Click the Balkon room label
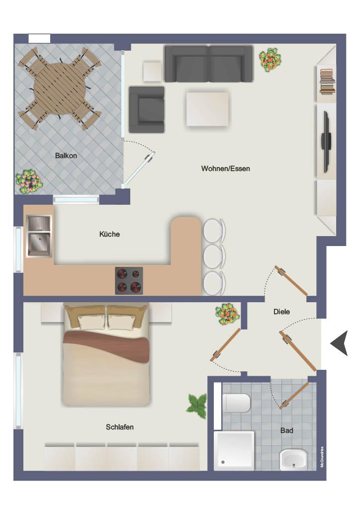(x=66, y=156)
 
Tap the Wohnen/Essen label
(x=226, y=169)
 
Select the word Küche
(x=109, y=234)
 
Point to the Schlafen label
(x=120, y=427)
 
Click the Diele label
(x=281, y=312)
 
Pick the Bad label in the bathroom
(x=286, y=430)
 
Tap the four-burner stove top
(x=129, y=280)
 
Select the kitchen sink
(x=39, y=236)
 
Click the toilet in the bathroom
(x=236, y=403)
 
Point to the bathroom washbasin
(x=293, y=459)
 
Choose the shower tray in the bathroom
(x=234, y=450)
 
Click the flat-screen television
(x=326, y=142)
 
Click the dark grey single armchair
(x=147, y=110)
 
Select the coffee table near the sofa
(x=207, y=109)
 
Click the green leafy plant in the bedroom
(x=197, y=406)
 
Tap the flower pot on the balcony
(x=29, y=181)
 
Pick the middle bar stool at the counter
(x=214, y=256)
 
